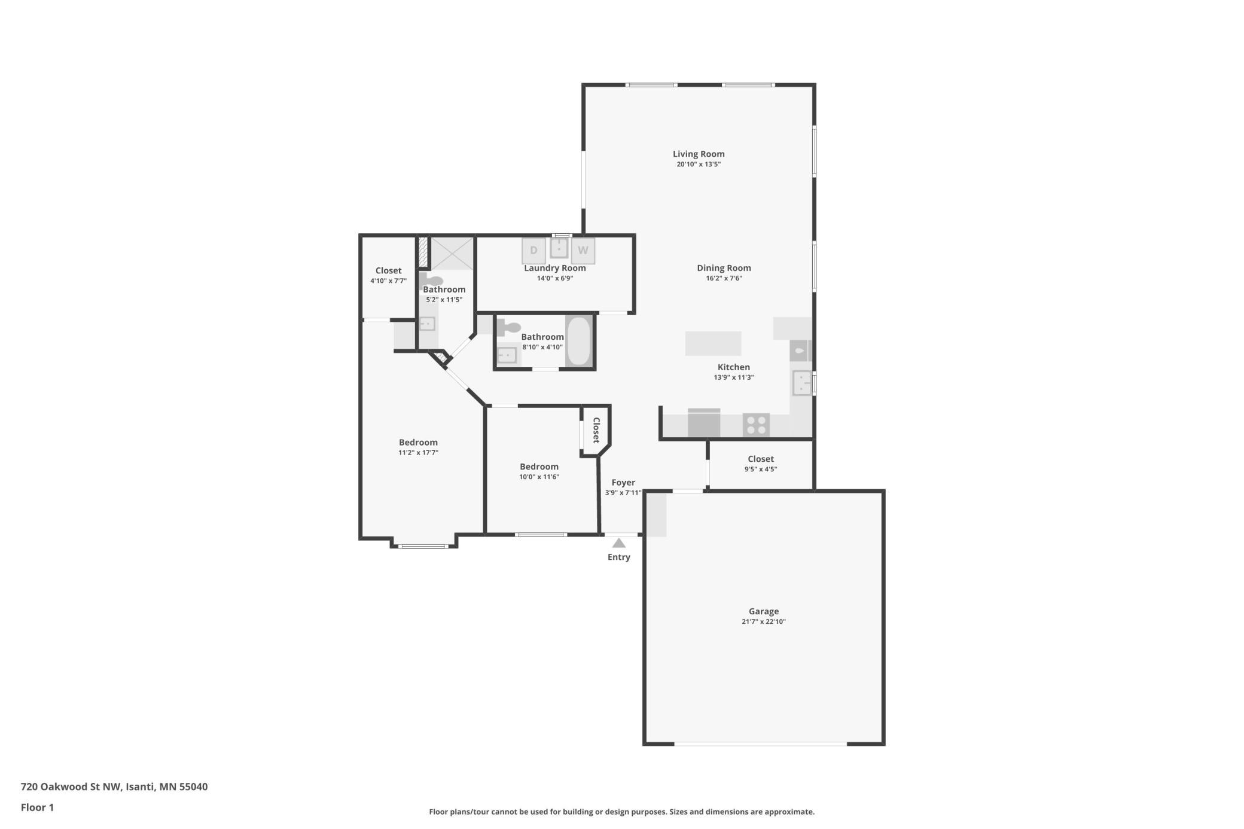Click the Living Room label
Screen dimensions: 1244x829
699,154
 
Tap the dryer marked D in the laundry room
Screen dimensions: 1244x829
533,251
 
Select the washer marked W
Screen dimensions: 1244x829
583,251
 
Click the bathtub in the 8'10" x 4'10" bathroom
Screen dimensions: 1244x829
578,340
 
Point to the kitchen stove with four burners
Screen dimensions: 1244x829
756,425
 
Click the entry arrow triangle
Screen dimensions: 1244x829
619,543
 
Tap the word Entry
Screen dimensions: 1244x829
619,557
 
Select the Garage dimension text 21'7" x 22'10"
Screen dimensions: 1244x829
764,621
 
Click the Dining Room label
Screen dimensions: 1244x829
724,268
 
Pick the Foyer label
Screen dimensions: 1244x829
623,482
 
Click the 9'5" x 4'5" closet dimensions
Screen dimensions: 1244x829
761,469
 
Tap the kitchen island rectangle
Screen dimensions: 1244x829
713,343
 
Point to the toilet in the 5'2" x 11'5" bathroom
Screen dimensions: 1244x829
431,280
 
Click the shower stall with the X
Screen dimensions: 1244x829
452,254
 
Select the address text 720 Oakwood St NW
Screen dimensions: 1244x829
71,787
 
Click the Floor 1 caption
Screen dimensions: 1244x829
37,807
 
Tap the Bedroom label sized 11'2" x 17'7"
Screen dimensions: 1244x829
418,443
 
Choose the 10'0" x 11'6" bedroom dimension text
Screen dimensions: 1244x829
539,477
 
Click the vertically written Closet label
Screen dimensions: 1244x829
596,430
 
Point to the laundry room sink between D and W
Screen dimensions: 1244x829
559,247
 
